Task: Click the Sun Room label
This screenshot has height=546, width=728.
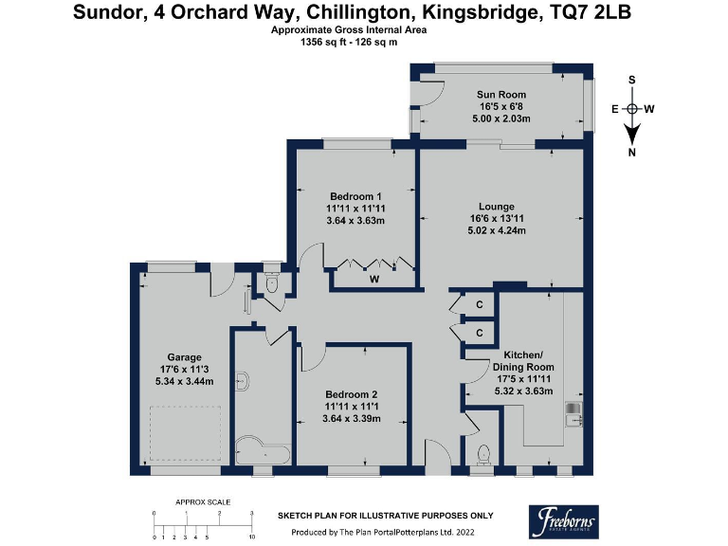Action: [500, 95]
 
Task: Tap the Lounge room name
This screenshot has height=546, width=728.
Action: [497, 207]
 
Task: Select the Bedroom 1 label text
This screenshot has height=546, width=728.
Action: [355, 196]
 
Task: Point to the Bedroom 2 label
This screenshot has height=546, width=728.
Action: [352, 394]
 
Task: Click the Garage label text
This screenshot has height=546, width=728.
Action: [184, 357]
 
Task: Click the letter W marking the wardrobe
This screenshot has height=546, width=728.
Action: [374, 279]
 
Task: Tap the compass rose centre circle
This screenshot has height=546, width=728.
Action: [632, 109]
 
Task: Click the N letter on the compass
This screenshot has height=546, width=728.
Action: [632, 153]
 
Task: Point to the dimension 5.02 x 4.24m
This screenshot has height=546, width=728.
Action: [497, 230]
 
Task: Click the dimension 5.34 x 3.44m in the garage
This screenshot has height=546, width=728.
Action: [184, 381]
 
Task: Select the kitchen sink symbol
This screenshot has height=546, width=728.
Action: [574, 412]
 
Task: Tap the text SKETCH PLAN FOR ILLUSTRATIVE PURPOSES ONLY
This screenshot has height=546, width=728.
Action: [385, 516]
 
